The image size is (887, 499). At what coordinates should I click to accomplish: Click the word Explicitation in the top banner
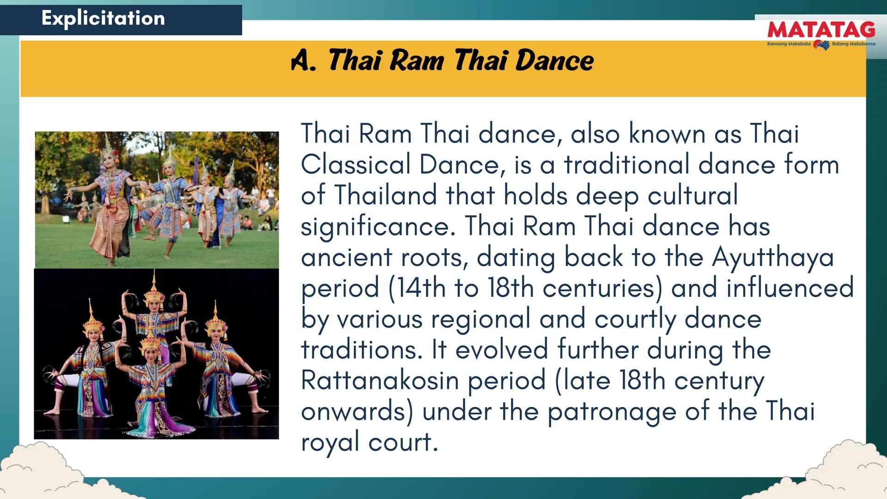point(103,18)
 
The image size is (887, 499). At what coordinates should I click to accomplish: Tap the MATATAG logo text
point(821,30)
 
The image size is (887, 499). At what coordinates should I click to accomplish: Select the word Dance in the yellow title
point(554,61)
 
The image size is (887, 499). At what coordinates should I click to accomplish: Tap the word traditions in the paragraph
point(362,349)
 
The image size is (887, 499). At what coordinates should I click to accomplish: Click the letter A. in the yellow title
point(304,61)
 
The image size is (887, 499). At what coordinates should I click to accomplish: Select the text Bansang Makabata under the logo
point(789,44)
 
